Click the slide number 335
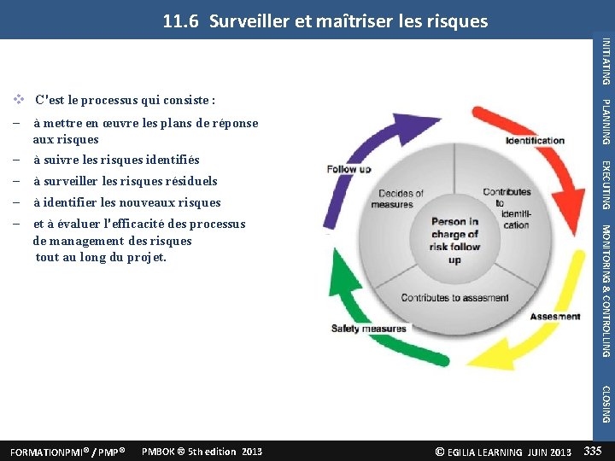(591, 451)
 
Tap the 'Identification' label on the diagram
(535, 141)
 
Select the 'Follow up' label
(348, 169)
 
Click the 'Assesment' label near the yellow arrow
(555, 317)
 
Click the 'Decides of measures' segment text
(395, 199)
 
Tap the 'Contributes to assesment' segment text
(455, 298)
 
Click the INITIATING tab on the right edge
(605, 61)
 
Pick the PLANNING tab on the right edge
(605, 122)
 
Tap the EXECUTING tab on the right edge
(605, 184)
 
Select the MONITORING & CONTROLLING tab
(605, 290)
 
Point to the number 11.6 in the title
(181, 20)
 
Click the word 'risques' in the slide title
(456, 20)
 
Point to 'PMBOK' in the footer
(159, 451)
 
